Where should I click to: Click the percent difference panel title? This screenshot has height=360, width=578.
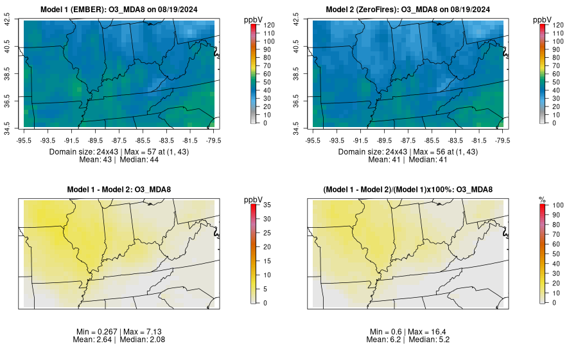coord(407,189)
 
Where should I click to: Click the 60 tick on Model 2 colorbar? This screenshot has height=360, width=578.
coord(557,74)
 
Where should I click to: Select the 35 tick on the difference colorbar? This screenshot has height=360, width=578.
coord(269,205)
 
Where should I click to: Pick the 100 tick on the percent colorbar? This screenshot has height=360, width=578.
coord(557,205)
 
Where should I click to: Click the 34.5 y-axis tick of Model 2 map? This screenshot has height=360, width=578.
coord(296,124)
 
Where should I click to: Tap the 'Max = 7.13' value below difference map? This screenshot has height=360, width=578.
coord(141,331)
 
